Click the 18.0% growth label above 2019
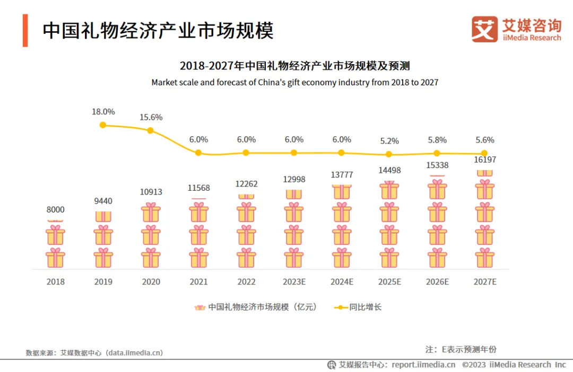click(103, 112)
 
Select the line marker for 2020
click(151, 130)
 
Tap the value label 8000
click(55, 209)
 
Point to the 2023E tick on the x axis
click(294, 282)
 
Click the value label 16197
click(484, 160)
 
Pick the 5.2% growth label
click(389, 141)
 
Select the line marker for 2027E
click(484, 154)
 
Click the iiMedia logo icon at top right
click(484, 29)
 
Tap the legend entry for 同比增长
click(358, 307)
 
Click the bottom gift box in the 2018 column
click(55, 258)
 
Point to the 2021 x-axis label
click(198, 282)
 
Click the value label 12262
click(246, 184)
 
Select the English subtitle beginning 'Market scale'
click(294, 83)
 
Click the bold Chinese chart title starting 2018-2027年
click(294, 66)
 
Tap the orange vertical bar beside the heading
click(25, 31)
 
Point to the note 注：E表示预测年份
click(461, 349)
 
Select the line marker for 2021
click(198, 153)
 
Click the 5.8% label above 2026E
click(437, 140)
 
